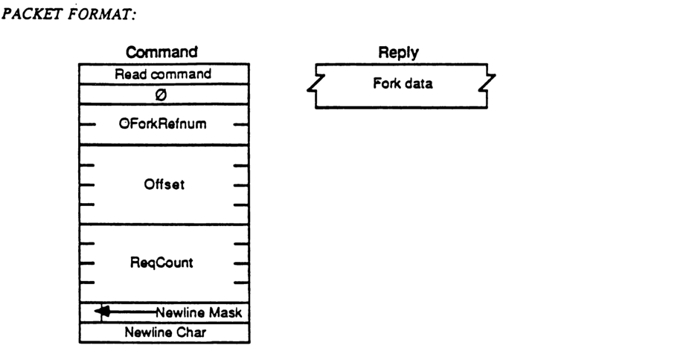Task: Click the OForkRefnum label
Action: pos(164,124)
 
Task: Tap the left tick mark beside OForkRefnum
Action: pos(86,124)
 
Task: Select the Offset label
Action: pos(164,184)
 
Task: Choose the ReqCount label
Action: pos(164,263)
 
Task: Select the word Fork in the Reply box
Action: pos(385,83)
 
